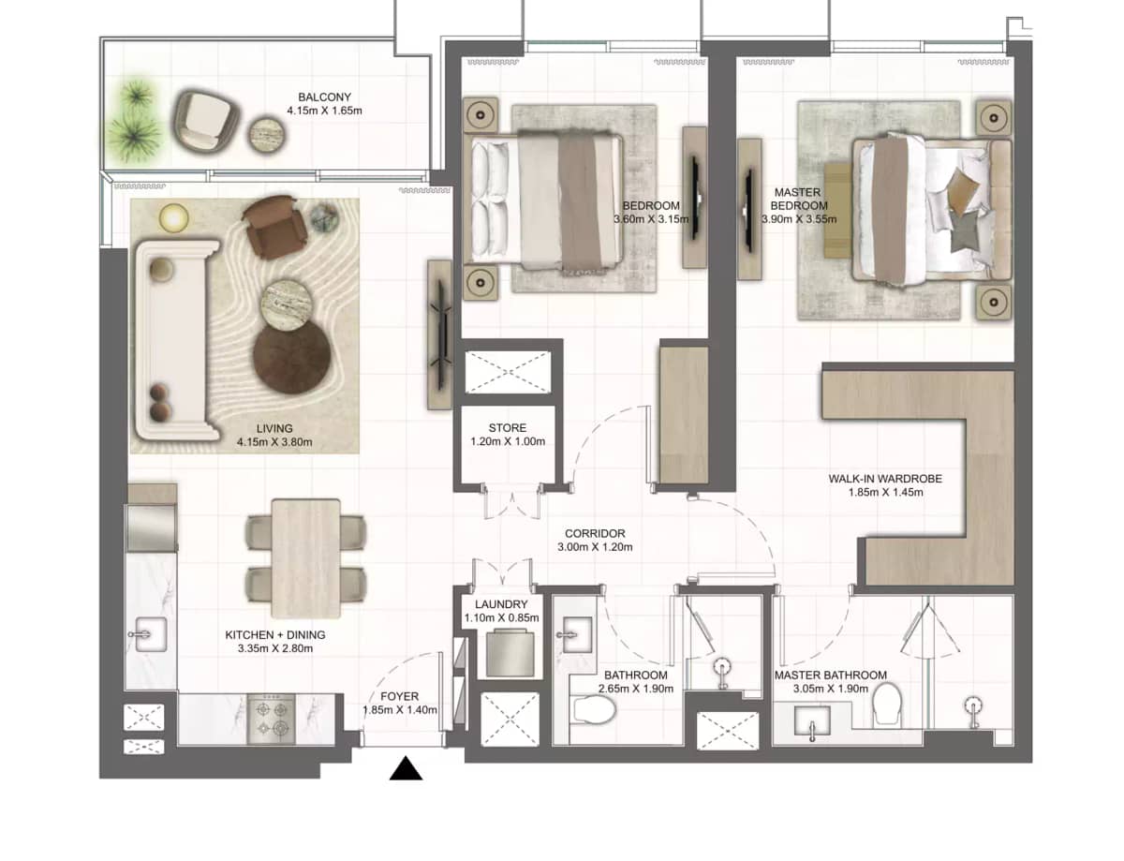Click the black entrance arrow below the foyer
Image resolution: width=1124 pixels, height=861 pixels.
coord(406,769)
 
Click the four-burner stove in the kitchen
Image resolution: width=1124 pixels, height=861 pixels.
coord(273,719)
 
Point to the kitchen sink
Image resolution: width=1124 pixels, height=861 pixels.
coord(147,634)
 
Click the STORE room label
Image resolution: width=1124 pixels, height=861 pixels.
coord(507,428)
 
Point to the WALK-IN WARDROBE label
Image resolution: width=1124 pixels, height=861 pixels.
coord(884,479)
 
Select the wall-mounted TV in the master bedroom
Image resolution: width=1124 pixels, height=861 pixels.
coord(749,209)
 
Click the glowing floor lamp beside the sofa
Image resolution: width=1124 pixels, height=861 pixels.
coord(172,217)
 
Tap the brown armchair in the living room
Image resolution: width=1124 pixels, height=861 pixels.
coord(273,225)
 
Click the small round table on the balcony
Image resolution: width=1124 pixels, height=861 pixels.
coord(264,137)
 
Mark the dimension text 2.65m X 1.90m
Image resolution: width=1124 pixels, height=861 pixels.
coord(635,689)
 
